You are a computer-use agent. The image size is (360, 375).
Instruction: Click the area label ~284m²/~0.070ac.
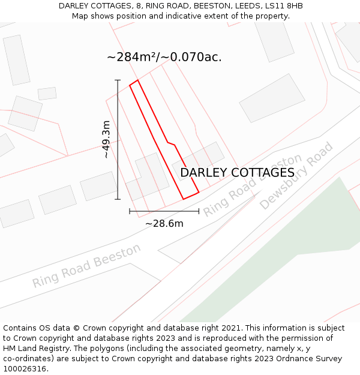(x=164, y=58)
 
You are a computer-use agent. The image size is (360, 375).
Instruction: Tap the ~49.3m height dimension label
(x=106, y=139)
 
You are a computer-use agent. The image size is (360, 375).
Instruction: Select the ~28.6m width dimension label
(x=164, y=224)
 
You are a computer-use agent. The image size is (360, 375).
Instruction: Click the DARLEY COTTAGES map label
(x=237, y=173)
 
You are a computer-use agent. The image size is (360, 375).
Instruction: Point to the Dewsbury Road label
(x=296, y=176)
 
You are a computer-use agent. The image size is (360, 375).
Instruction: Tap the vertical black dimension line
(x=118, y=139)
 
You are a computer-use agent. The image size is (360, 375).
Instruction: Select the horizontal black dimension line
(x=164, y=211)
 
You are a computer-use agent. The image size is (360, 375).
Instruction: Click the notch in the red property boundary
(x=170, y=143)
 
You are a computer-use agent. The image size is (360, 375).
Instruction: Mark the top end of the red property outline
(x=134, y=83)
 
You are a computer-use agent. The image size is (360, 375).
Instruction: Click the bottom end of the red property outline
(x=191, y=196)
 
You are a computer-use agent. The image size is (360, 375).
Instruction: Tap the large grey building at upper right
(x=272, y=98)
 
